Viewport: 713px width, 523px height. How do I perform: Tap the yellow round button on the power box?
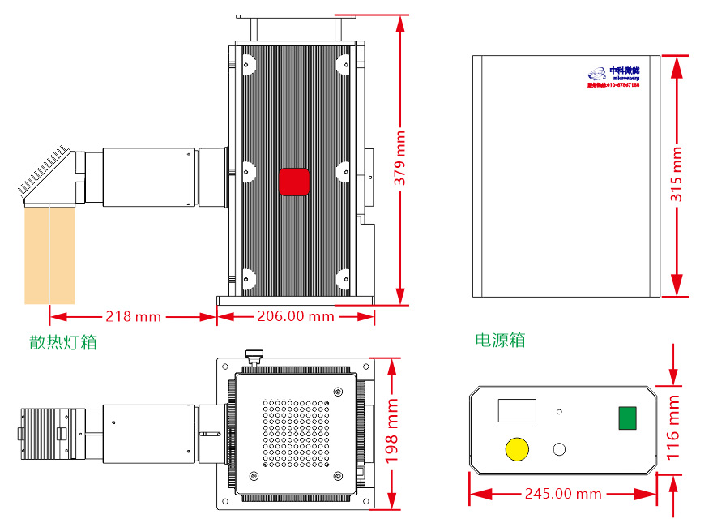(x=516, y=449)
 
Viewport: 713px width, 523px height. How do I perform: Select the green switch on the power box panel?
(x=626, y=418)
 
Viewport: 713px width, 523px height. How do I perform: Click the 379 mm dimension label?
(x=400, y=159)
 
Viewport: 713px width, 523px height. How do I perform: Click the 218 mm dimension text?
(x=133, y=316)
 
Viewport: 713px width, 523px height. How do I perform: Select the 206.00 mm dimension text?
(x=295, y=316)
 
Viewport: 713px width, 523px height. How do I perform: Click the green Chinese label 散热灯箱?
(x=62, y=342)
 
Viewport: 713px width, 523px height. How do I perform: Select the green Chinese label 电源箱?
(x=499, y=340)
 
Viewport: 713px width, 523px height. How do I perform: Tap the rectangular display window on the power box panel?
(x=517, y=410)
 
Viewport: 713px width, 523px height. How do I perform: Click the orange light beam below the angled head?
(x=49, y=255)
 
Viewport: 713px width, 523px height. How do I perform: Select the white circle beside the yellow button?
(x=559, y=449)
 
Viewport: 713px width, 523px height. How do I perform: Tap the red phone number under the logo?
(x=613, y=84)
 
